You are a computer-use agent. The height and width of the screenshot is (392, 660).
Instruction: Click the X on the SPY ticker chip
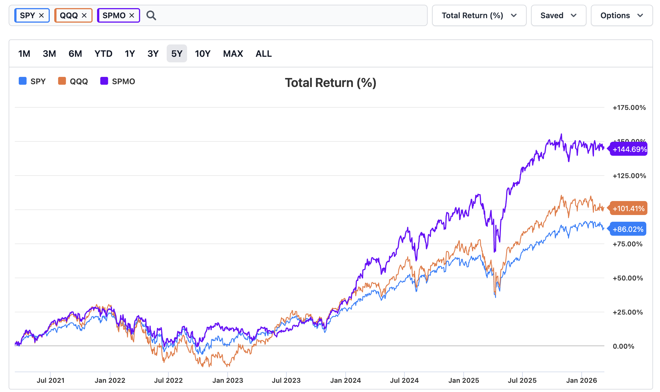41,15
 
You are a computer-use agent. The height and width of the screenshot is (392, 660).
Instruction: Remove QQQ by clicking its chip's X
84,15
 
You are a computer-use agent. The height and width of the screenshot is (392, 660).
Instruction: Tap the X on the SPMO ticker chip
132,15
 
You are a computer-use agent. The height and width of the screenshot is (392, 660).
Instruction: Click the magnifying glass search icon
151,15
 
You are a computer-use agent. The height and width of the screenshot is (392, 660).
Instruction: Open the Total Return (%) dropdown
479,15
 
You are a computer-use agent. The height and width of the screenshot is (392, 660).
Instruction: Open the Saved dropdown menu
558,15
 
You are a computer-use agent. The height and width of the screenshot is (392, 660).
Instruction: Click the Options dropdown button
621,15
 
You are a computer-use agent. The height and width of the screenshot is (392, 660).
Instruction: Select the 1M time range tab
24,54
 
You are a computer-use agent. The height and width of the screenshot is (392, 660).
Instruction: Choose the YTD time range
103,54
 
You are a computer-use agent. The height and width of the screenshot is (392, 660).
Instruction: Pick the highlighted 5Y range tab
177,54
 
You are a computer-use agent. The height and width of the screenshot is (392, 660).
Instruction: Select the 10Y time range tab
202,54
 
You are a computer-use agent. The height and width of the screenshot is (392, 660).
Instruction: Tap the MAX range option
233,54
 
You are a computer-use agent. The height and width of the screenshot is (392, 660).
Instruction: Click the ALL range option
263,54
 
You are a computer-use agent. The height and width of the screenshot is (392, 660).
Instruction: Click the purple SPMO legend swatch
104,81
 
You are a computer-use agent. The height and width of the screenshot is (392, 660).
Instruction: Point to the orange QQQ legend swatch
62,81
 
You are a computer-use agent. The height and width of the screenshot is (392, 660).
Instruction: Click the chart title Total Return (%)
331,83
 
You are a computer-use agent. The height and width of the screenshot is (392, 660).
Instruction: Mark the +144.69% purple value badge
629,149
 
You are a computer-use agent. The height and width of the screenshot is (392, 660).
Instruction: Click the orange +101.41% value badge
628,208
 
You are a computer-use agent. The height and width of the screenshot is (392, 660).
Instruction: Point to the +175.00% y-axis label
629,108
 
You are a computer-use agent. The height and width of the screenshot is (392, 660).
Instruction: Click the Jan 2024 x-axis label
345,380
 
